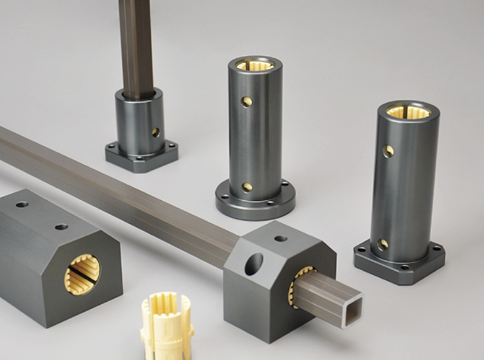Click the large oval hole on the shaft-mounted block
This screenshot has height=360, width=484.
point(253,264)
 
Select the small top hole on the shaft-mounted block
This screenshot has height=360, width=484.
point(281,238)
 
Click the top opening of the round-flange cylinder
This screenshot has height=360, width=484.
point(254,64)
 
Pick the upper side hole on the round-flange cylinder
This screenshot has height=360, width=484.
point(247,102)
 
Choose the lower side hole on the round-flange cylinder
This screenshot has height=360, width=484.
point(247,187)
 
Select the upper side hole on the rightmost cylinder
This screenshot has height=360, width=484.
point(388,151)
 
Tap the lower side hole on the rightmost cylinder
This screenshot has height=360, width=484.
point(383,244)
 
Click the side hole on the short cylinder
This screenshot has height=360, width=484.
point(156,132)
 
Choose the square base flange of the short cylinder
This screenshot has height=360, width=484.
point(142,157)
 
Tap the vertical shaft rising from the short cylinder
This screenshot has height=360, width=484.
point(136,45)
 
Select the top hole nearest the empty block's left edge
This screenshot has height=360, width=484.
point(22,204)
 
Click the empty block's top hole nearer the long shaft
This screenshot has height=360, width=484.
point(61,227)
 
